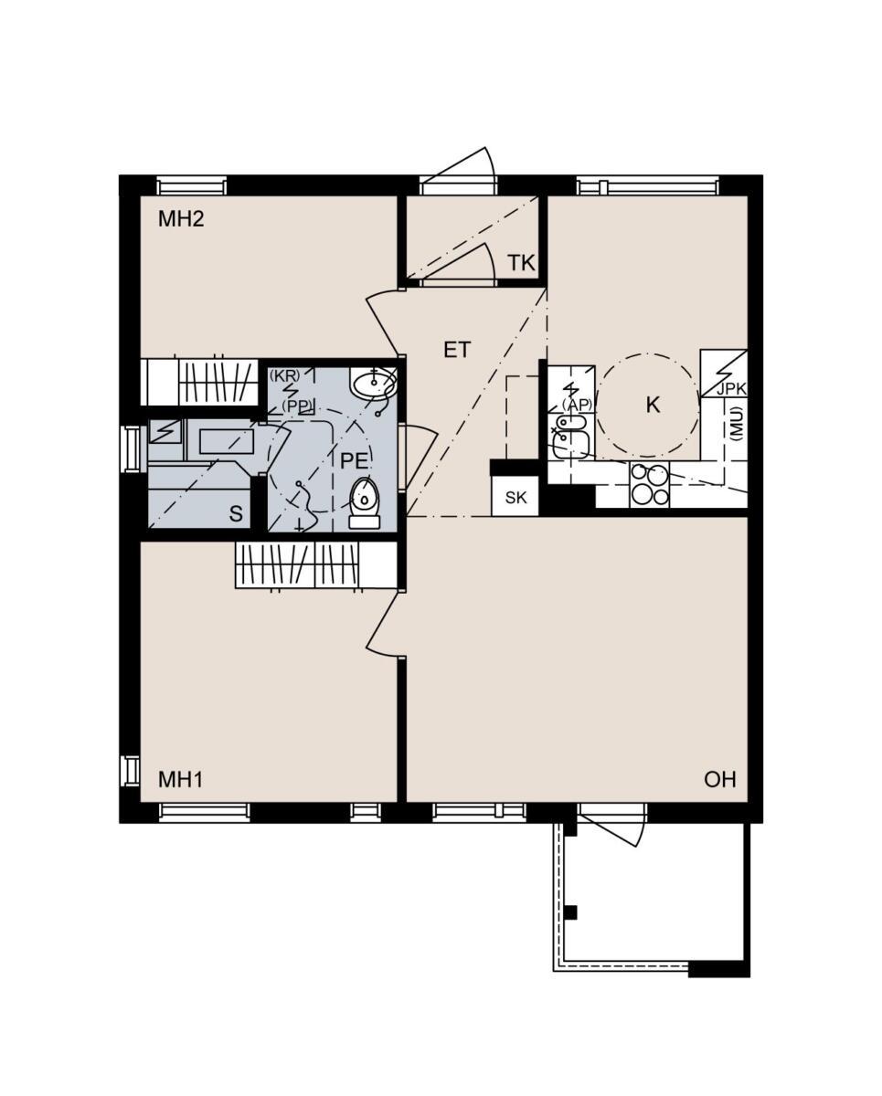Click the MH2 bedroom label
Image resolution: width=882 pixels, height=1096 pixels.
coord(181,219)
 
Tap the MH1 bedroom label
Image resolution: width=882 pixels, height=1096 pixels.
coord(180,780)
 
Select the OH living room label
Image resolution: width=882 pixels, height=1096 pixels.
coord(720,780)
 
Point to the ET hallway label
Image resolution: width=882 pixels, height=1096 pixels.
coord(456,351)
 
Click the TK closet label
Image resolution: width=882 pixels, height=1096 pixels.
coord(521,263)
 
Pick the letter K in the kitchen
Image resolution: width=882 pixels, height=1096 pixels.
coord(653,405)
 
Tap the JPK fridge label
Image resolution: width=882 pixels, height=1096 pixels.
coord(731,390)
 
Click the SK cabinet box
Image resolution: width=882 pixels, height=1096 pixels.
coord(515,497)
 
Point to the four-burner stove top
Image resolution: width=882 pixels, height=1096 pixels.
coord(650,485)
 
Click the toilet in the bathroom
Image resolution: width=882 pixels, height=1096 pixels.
coord(364,502)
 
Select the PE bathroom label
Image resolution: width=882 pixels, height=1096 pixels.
coord(354,461)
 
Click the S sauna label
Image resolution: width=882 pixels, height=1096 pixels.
coord(236,514)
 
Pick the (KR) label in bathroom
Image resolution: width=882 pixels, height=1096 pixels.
coord(285,376)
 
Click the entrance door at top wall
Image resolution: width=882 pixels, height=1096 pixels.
coord(459,171)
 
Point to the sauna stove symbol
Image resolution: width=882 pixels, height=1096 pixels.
coord(165,431)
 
